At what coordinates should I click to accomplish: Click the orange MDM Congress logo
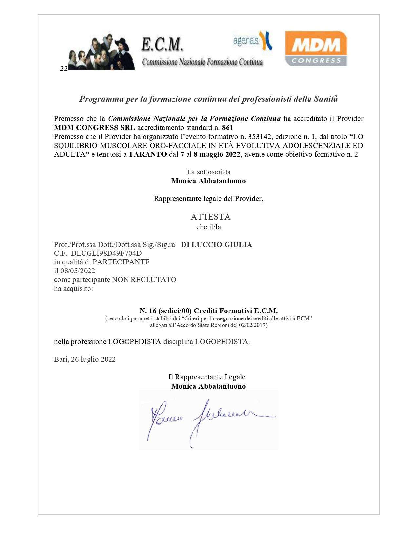point(316,48)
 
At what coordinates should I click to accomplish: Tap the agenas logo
point(252,41)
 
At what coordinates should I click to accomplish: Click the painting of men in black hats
point(101,52)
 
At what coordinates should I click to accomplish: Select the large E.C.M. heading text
point(162,45)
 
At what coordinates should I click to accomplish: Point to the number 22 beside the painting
point(63,68)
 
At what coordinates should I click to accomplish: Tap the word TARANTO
point(148,154)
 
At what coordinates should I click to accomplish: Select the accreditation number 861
point(228,128)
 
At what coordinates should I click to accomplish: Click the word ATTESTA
point(210,217)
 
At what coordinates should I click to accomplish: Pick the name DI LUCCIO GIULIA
point(216,245)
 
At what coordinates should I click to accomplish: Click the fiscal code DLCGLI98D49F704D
point(106,253)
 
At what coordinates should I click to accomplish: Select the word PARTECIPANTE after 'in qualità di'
point(121,262)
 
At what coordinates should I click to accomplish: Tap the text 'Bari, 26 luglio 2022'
point(85,359)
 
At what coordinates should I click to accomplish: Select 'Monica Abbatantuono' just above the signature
point(209,386)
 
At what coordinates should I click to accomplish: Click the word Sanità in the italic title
point(326,99)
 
